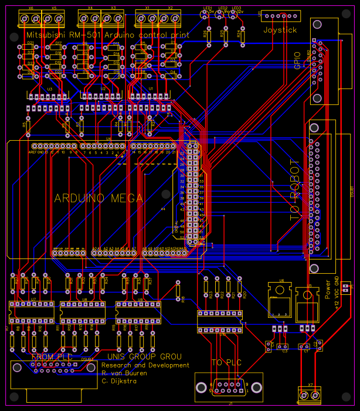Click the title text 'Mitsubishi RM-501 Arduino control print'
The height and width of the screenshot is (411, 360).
coord(108,35)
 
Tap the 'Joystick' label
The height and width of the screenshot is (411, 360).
coord(280,30)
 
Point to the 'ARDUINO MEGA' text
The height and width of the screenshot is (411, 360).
coord(93,198)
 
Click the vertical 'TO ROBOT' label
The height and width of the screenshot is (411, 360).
coord(295,190)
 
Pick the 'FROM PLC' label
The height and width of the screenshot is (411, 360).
coord(52,356)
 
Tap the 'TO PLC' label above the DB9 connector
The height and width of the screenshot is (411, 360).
coord(226,363)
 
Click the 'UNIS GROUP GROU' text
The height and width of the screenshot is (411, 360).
coord(144,356)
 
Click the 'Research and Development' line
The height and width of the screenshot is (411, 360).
coord(145,365)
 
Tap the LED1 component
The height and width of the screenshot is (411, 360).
coord(206,15)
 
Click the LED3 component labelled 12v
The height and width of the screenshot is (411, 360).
coord(236,15)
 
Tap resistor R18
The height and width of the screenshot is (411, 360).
coord(178,289)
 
